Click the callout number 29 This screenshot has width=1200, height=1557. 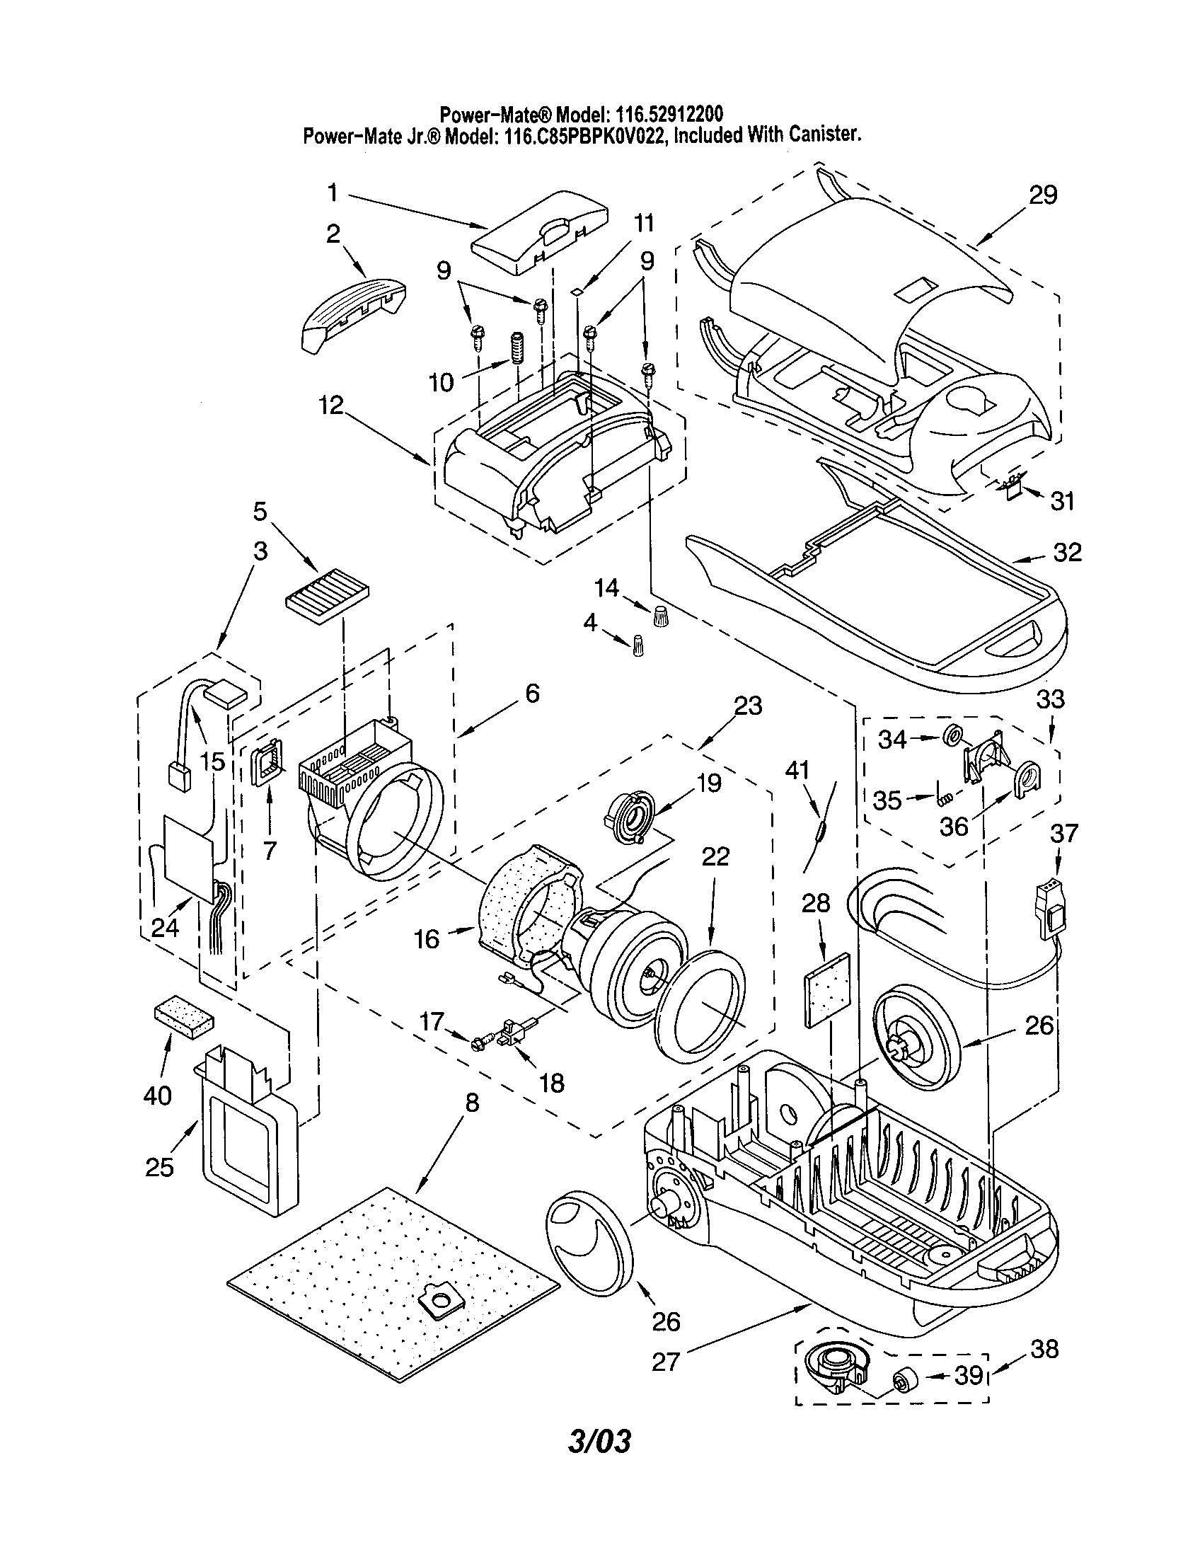coord(1042,195)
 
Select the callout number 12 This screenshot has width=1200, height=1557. coord(330,406)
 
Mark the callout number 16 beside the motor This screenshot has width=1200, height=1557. coord(427,939)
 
